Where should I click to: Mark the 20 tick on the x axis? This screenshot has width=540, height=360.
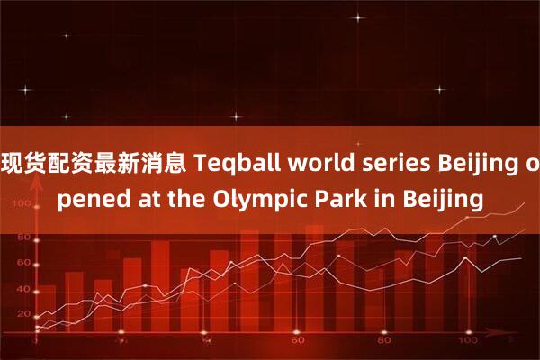tap(121, 343)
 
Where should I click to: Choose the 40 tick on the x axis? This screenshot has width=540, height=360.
tap(208, 343)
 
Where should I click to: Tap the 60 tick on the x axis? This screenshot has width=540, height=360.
tap(295, 343)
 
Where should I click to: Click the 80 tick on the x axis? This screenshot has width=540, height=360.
tap(382, 343)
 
